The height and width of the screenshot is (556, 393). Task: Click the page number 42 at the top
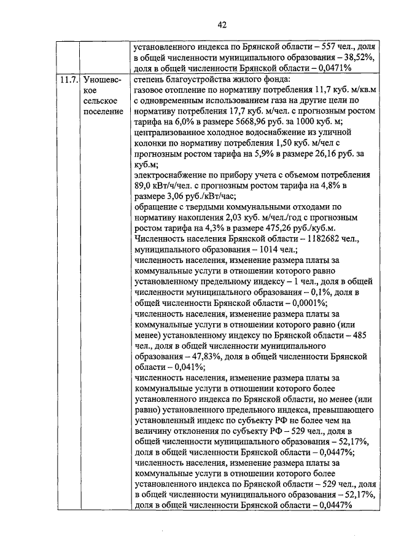coord(222,25)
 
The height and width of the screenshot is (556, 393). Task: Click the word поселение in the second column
coord(103,111)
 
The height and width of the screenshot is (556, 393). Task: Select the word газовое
coord(150,90)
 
